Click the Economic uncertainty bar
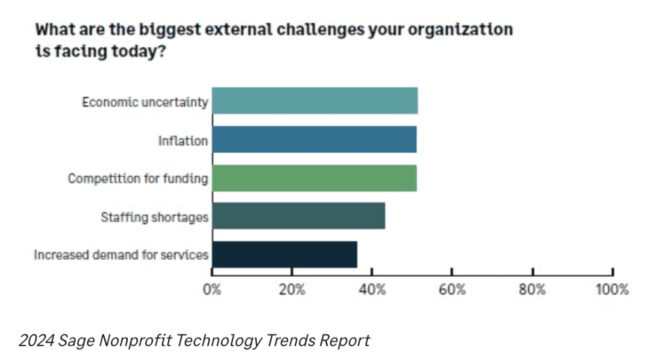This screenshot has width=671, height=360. [x=315, y=101]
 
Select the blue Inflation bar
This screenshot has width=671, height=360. [x=314, y=139]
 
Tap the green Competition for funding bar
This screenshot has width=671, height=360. [x=314, y=178]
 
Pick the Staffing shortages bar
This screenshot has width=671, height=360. [x=298, y=216]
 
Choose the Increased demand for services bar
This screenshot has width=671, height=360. [x=284, y=254]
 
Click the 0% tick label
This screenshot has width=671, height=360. [x=212, y=289]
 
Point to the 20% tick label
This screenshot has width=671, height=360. [x=292, y=289]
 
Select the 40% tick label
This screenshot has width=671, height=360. [x=372, y=289]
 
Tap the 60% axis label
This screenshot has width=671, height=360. [x=452, y=289]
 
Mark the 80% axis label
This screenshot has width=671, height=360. [x=532, y=289]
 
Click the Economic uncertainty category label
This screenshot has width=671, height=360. [x=145, y=102]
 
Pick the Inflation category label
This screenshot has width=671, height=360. [x=183, y=140]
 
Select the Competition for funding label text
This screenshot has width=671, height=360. [x=138, y=178]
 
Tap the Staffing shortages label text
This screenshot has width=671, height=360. [x=155, y=217]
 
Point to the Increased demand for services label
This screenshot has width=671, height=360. [x=121, y=255]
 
